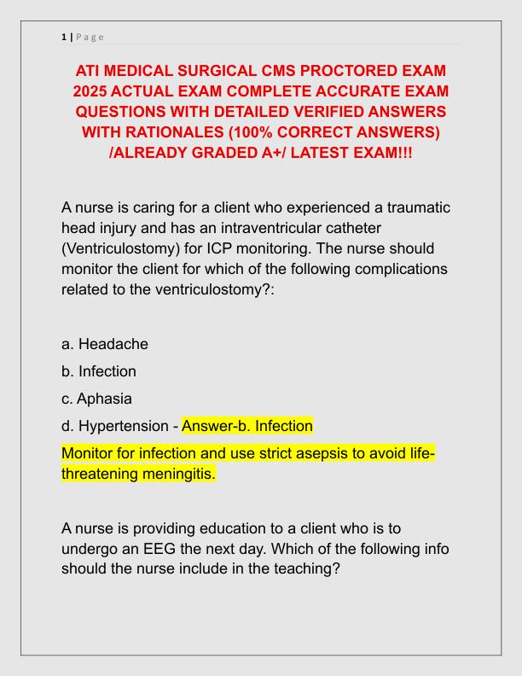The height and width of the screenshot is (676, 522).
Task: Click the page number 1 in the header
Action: pyautogui.click(x=64, y=37)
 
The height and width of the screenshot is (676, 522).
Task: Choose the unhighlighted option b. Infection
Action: pyautogui.click(x=99, y=371)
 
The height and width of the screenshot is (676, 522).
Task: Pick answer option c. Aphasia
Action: pyautogui.click(x=96, y=399)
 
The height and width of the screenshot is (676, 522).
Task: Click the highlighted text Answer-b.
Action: pyautogui.click(x=213, y=425)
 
